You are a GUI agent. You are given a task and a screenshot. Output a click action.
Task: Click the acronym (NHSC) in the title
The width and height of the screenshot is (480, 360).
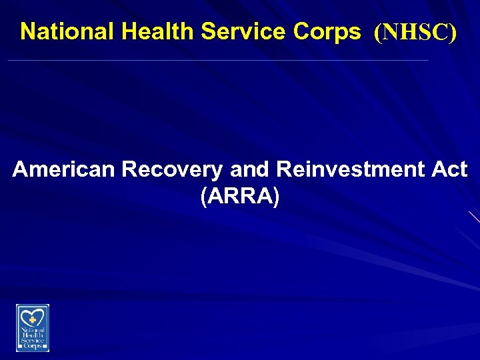(x=415, y=32)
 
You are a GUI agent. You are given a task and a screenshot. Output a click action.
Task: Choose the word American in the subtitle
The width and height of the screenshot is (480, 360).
(x=63, y=170)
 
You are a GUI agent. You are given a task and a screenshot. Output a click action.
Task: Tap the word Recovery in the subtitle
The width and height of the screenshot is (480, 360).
(x=171, y=170)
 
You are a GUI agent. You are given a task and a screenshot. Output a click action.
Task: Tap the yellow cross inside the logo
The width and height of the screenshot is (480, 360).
(x=33, y=319)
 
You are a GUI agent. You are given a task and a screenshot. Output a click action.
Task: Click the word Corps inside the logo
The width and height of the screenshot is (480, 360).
(x=33, y=346)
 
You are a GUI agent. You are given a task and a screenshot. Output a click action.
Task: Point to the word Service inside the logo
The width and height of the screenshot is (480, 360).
(x=33, y=340)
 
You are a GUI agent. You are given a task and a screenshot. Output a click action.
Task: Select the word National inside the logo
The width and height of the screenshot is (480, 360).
(x=33, y=329)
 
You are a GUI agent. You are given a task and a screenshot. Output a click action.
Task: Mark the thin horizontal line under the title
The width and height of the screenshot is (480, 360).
(x=217, y=61)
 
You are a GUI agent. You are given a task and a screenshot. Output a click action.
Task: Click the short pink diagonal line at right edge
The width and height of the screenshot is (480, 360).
(x=474, y=216)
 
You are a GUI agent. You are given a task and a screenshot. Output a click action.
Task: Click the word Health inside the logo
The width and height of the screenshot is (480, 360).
(x=33, y=335)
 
